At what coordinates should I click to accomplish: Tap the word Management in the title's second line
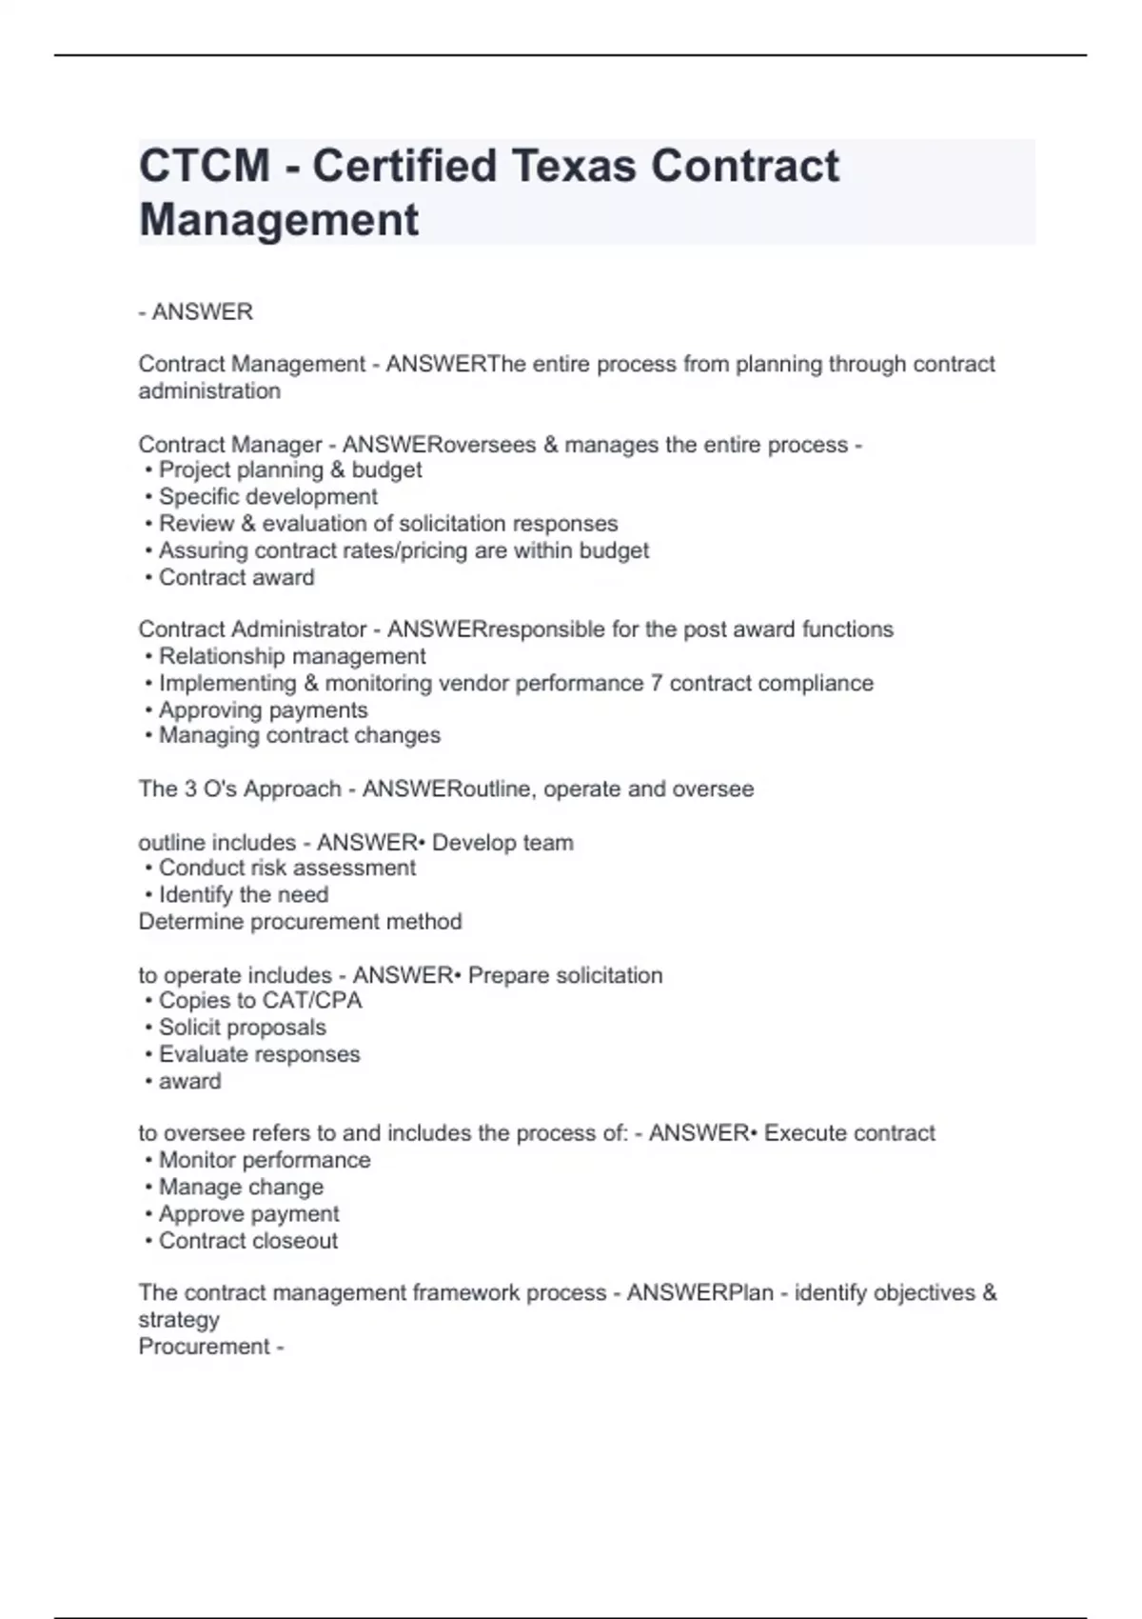click(278, 220)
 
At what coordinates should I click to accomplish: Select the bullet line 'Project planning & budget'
click(289, 470)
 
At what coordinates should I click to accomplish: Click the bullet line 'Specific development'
click(267, 497)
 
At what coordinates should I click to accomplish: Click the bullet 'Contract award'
click(236, 578)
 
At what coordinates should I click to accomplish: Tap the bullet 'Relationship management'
click(291, 657)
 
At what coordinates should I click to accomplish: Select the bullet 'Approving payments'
click(263, 710)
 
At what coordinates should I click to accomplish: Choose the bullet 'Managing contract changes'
click(299, 736)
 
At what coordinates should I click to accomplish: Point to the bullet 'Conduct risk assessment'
click(286, 869)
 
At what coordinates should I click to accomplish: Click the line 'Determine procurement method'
click(300, 922)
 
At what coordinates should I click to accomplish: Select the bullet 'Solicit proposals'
click(242, 1028)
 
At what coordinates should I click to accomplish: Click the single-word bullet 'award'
click(189, 1082)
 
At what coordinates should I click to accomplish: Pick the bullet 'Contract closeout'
click(247, 1241)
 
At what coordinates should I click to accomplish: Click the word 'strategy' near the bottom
click(179, 1320)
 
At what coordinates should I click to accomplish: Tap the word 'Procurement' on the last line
click(204, 1347)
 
